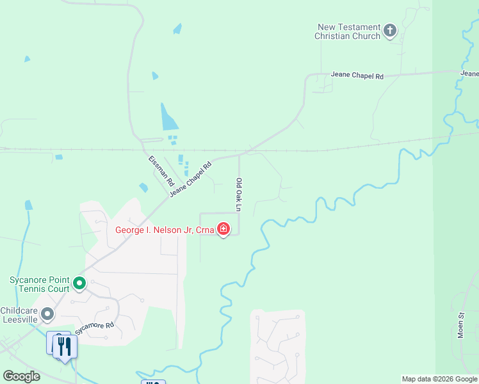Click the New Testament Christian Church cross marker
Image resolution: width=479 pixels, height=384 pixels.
point(390,30)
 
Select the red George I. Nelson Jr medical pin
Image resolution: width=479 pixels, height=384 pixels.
point(223,228)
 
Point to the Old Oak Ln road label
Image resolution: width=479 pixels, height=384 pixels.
point(239,195)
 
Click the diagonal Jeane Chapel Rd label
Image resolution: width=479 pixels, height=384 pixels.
point(191,174)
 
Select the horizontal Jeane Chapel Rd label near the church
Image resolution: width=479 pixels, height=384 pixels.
point(357,76)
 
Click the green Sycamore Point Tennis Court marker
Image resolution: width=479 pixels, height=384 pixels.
point(79,283)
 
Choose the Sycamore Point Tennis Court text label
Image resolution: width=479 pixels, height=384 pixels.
point(39,284)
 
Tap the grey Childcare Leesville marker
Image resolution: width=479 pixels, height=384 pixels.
point(47,314)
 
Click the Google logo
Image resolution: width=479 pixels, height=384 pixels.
point(21,376)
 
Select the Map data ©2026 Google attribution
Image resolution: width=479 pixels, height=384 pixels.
point(439,379)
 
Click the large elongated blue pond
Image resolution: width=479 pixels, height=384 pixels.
point(168,118)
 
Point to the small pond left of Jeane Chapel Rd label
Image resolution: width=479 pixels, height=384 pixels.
point(143,188)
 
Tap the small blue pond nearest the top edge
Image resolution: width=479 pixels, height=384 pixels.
point(177,29)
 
